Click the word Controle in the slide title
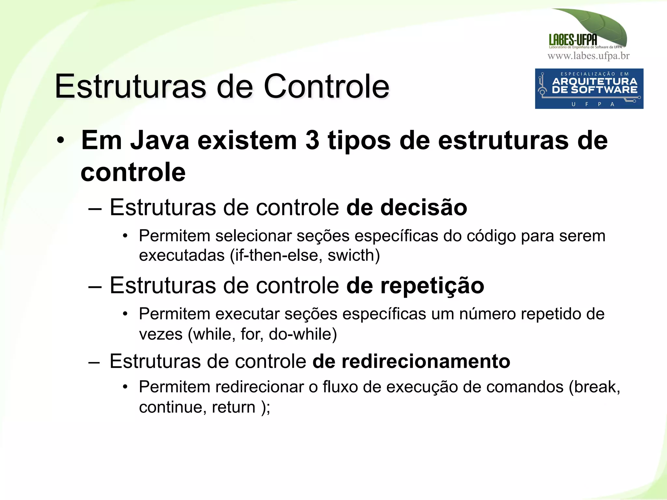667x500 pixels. point(326,86)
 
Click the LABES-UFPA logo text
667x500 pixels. point(573,40)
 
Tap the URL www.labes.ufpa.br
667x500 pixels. point(589,56)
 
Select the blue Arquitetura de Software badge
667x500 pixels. point(589,88)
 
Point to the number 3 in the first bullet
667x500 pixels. point(312,141)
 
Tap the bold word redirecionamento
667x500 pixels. point(411,361)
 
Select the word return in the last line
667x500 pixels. point(234,407)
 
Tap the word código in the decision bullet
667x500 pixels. point(491,236)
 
